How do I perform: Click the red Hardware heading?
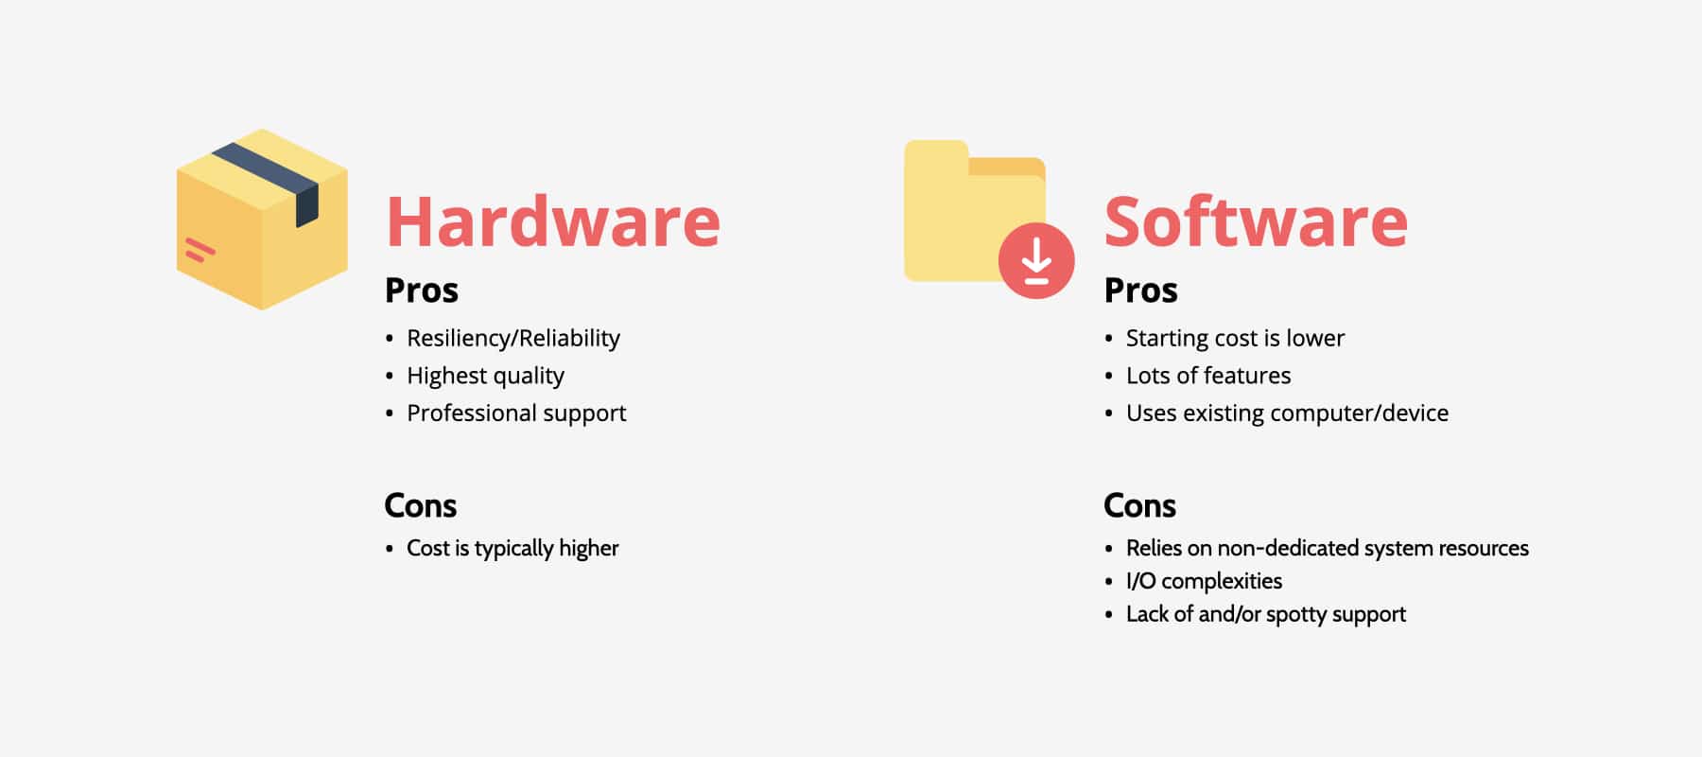tap(553, 222)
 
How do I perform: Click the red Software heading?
tap(1256, 222)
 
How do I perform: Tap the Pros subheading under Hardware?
tap(421, 290)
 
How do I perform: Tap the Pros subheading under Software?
tap(1140, 290)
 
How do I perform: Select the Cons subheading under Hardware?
tap(420, 506)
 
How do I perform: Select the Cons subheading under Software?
tap(1139, 506)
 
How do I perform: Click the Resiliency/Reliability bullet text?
tap(513, 339)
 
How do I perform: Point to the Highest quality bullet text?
tap(485, 377)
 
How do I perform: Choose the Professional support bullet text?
tap(516, 414)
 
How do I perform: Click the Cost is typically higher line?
tap(512, 549)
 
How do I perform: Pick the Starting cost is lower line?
tap(1235, 339)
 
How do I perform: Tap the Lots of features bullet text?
tap(1207, 377)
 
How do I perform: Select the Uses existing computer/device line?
tap(1287, 414)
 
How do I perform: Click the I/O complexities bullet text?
tap(1204, 581)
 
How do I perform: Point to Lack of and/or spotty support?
tap(1265, 615)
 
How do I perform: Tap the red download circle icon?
tap(1036, 260)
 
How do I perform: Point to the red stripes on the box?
tap(200, 250)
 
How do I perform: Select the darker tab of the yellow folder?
tap(1007, 167)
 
